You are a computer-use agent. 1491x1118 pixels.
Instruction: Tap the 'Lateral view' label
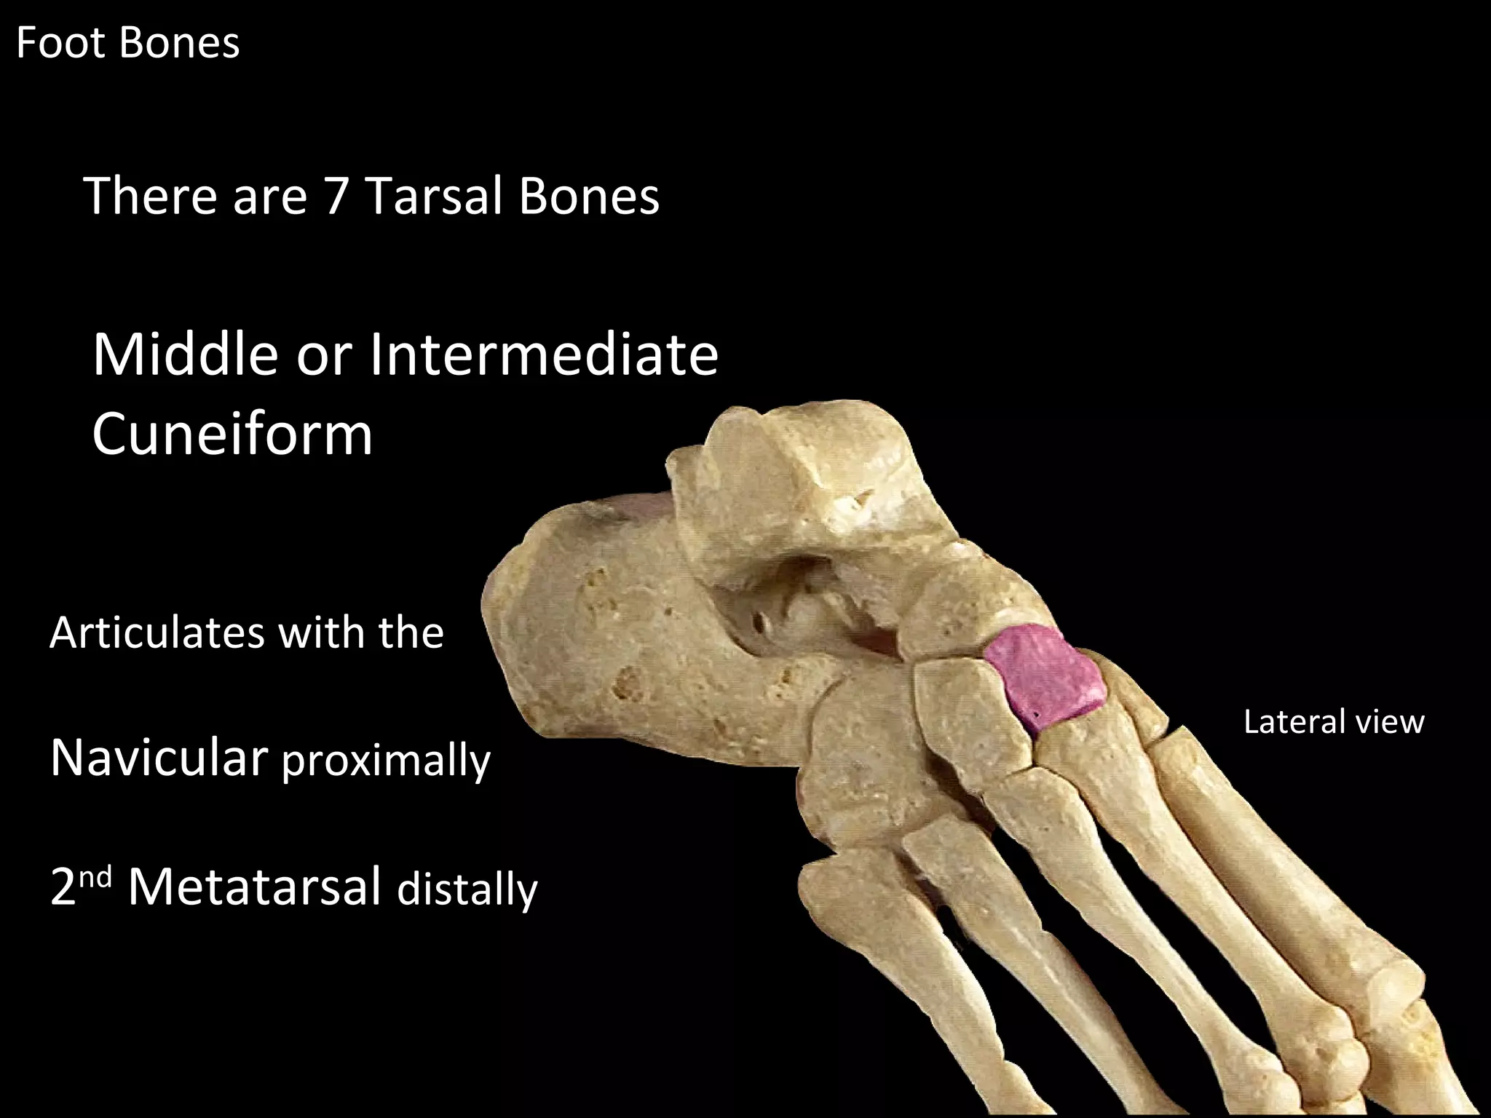click(1333, 722)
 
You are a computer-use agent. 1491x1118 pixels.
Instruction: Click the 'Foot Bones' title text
click(127, 43)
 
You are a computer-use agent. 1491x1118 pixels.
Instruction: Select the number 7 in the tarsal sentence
click(336, 197)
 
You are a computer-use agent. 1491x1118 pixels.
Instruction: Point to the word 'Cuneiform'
click(232, 433)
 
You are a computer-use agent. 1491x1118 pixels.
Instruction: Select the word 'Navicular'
click(159, 758)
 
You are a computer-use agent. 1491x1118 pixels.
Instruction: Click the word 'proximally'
click(386, 761)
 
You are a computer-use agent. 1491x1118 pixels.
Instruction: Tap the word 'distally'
click(467, 889)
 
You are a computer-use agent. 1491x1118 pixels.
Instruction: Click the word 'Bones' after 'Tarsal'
click(589, 197)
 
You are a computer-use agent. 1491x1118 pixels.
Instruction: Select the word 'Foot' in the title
click(61, 43)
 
